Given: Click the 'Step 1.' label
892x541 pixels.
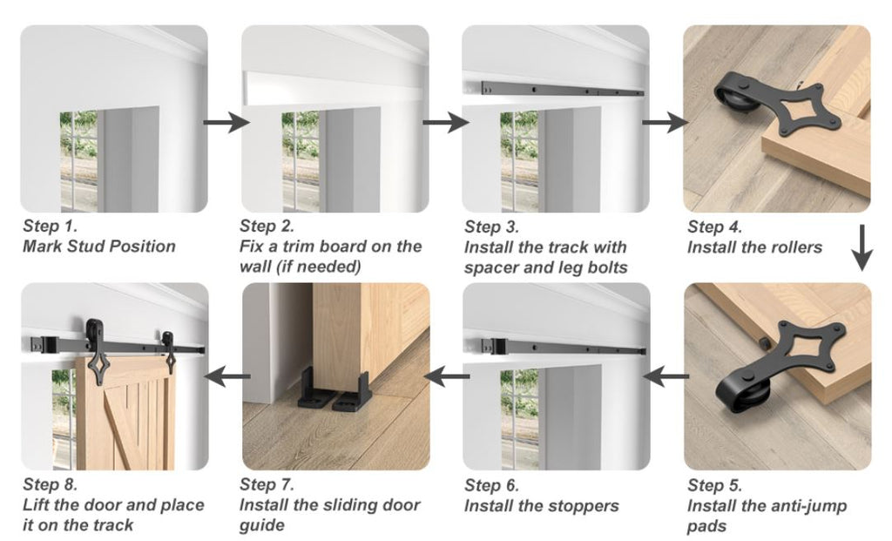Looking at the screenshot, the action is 50,226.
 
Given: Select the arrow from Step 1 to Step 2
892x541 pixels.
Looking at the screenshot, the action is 226,122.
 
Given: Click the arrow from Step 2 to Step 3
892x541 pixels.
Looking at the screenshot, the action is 446,122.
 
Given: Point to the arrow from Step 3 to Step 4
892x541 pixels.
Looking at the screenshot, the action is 666,122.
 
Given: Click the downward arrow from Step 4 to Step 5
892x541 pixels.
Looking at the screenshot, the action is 862,247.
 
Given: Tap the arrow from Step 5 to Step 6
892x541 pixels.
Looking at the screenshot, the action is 666,376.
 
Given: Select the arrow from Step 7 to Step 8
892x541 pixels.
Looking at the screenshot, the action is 227,376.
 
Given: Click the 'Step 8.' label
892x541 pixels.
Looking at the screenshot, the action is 50,484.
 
